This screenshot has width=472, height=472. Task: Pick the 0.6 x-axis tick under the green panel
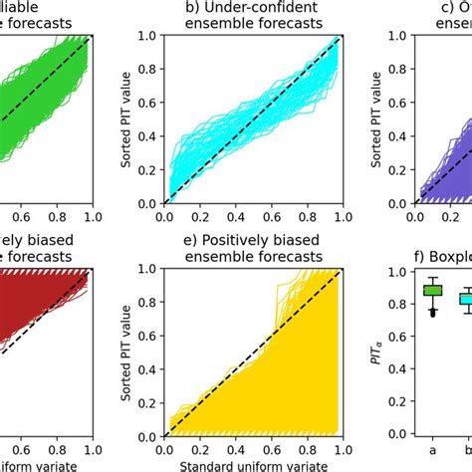coord(22,214)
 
